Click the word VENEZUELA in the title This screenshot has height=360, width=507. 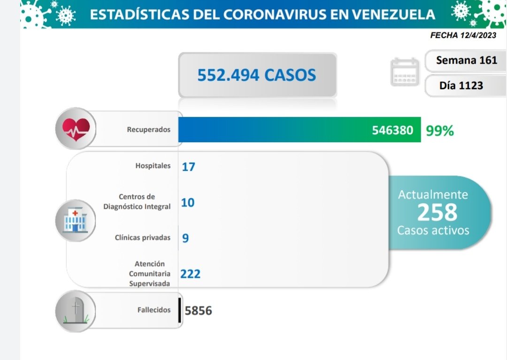pos(394,15)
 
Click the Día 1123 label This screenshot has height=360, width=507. pos(461,85)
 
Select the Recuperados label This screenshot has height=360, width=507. pos(149,130)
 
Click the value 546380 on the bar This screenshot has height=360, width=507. pos(393,130)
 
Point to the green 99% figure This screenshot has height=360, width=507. pos(440,131)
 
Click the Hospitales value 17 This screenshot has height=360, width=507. pos(188,167)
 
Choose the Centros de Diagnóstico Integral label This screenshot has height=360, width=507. pos(137,201)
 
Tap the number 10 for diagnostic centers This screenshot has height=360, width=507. pos(188,203)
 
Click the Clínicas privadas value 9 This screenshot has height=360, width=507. pos(185,238)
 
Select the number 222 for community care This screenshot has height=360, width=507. pos(191,274)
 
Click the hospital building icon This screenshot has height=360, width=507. pos(75,220)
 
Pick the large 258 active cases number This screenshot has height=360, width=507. pos(437,212)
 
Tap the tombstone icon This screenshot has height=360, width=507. pos(75,310)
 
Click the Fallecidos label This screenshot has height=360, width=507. pos(154,310)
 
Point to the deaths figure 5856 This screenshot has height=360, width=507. pos(199,311)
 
